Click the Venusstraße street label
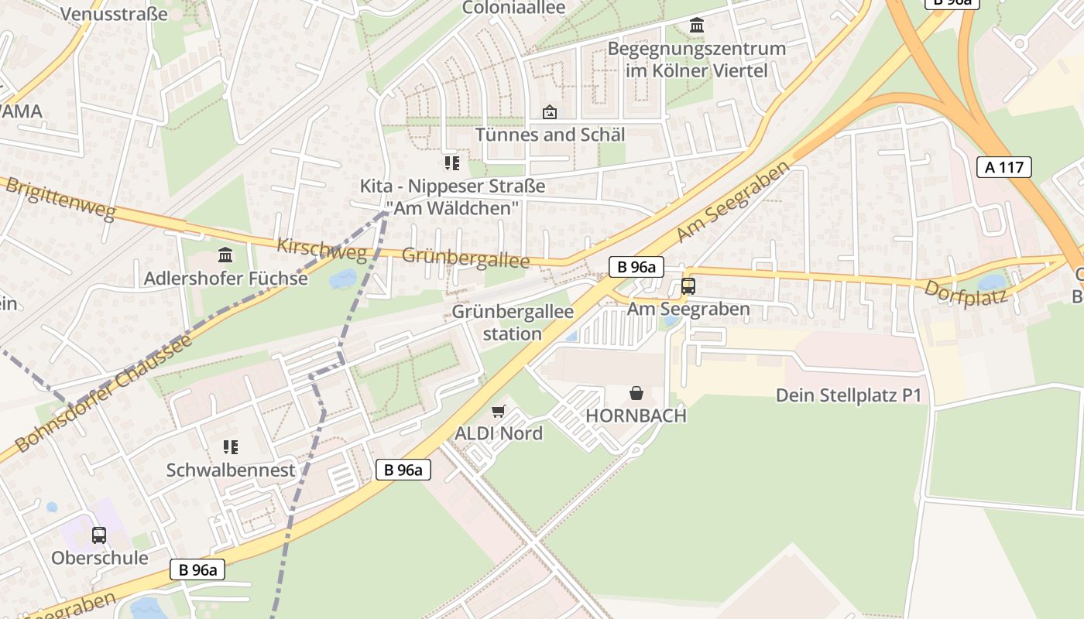113,14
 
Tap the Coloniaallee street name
513,8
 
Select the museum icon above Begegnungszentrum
697,26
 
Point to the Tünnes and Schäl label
550,135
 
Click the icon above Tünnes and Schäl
550,112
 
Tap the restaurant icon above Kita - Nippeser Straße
451,162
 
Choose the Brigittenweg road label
60,200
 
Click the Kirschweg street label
321,248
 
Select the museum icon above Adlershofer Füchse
225,255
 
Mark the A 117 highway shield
1004,166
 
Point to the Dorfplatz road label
965,292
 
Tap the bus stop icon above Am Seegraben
688,286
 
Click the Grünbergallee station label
513,323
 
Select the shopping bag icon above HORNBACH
636,393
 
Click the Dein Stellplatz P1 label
849,395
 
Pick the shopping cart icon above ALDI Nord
499,411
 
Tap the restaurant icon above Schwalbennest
230,447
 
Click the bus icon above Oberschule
99,535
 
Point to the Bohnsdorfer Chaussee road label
103,393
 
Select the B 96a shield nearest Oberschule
197,570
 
